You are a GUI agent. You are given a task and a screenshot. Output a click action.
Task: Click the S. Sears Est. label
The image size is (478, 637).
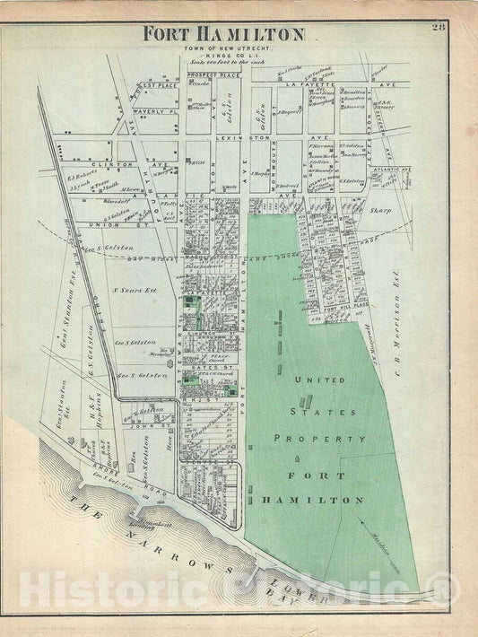point(127,291)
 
